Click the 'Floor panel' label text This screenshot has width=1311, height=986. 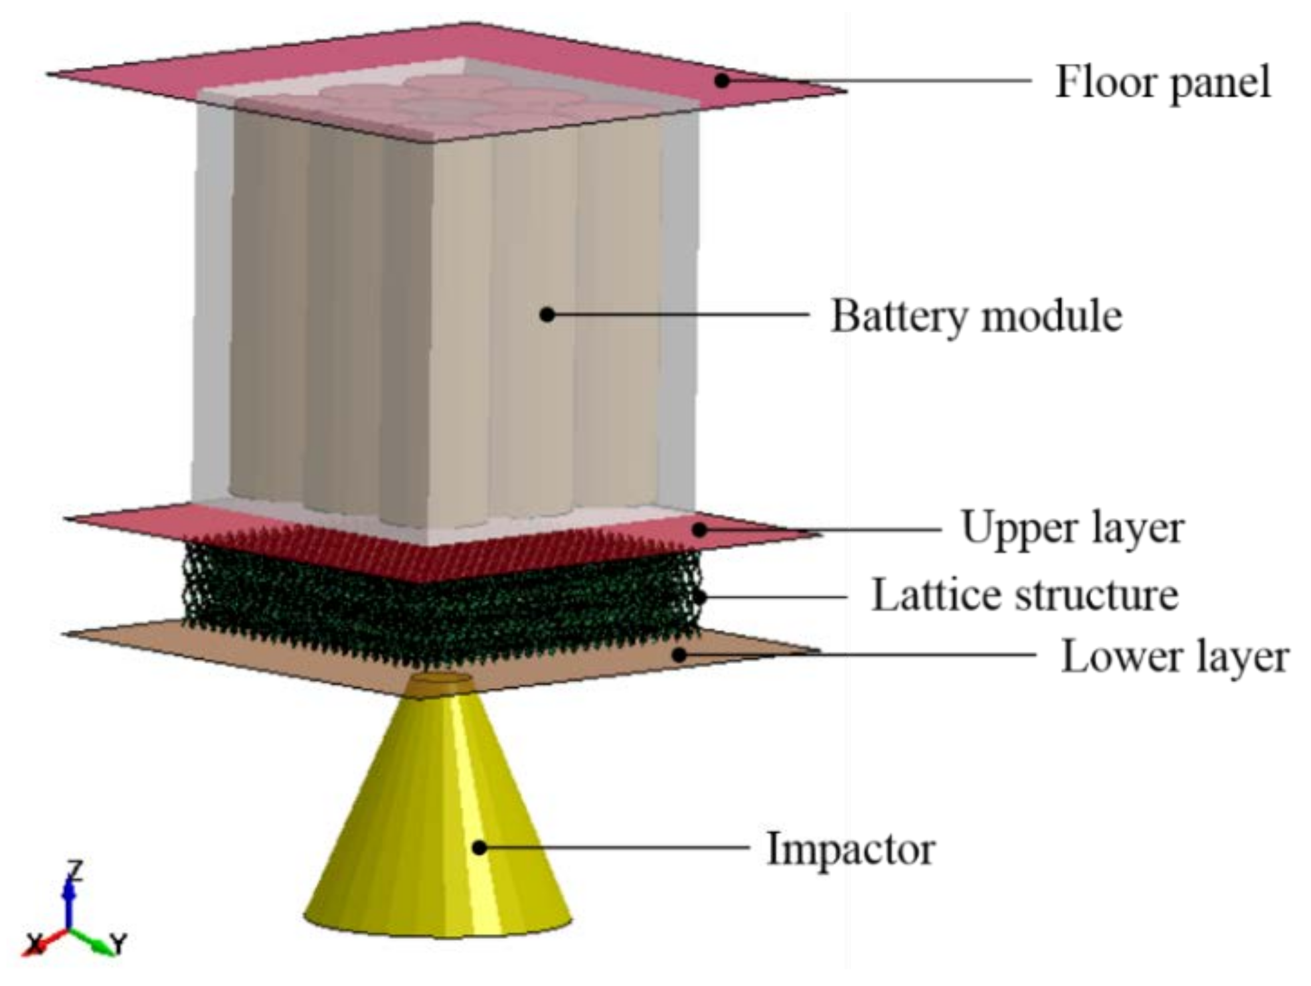(x=1162, y=82)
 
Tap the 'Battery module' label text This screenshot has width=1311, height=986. (x=976, y=316)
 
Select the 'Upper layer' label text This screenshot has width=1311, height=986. (x=1072, y=529)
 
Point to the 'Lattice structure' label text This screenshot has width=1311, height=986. (x=1024, y=595)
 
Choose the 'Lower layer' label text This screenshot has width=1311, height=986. (x=1174, y=657)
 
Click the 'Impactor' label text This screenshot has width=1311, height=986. (x=851, y=849)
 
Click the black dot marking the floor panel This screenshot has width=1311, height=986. (x=722, y=80)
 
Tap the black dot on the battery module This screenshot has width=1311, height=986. (x=547, y=314)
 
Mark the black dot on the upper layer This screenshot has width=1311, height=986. (x=699, y=529)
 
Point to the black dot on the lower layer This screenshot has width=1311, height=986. (x=679, y=655)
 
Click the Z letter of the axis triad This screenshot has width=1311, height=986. (x=76, y=870)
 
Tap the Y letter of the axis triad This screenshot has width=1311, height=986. (x=118, y=943)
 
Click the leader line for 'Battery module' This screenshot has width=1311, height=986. (x=677, y=314)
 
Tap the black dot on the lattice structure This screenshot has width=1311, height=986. (x=699, y=597)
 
